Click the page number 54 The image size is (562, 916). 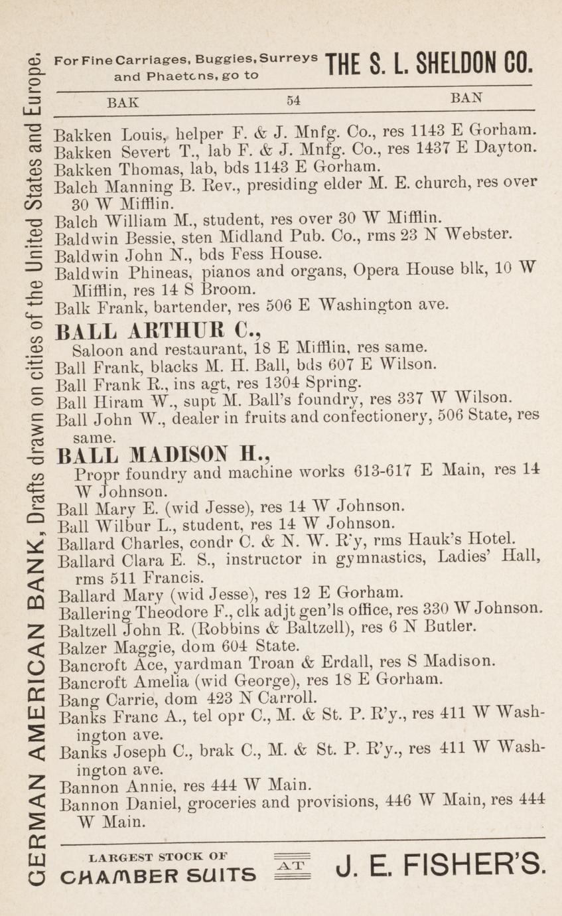pyautogui.click(x=294, y=101)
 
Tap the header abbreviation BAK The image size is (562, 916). pyautogui.click(x=123, y=102)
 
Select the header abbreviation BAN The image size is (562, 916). pyautogui.click(x=466, y=98)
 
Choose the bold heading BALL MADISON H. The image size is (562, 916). pyautogui.click(x=164, y=456)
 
